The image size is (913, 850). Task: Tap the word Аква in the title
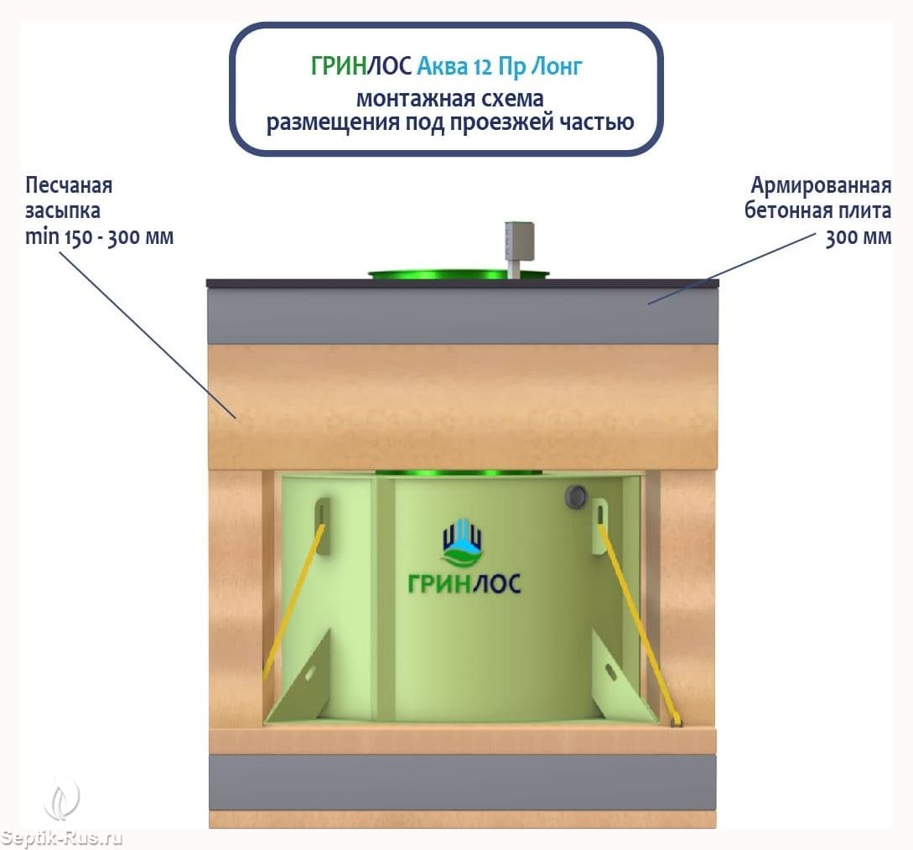443,66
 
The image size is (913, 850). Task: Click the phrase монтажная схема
450,97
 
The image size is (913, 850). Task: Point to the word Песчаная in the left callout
69,185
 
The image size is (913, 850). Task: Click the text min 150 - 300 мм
100,236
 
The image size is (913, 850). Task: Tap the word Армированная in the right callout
821,185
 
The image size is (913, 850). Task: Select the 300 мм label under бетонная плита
858,237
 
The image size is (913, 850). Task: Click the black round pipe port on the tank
576,496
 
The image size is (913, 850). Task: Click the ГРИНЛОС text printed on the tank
464,583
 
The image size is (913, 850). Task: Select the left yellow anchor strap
293,599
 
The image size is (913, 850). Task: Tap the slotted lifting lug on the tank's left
323,526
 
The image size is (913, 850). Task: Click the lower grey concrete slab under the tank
462,781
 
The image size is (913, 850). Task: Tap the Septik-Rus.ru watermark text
62,837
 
